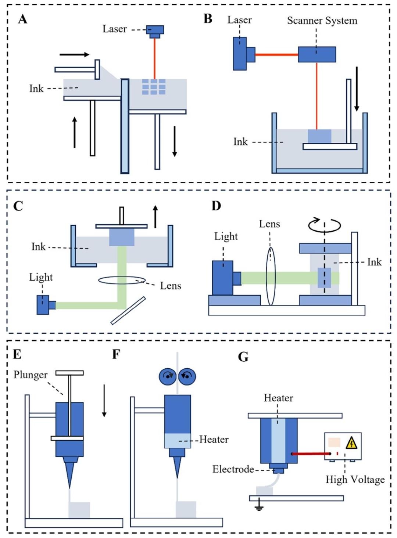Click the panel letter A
[22, 19]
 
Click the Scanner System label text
[322, 21]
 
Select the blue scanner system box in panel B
[316, 54]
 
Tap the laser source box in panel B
[240, 54]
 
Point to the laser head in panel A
[155, 30]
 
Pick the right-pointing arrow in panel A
[74, 55]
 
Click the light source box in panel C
[43, 305]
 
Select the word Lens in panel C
[171, 286]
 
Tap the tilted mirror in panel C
[128, 311]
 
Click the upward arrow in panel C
[155, 216]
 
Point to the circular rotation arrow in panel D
[324, 225]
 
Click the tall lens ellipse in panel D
[271, 276]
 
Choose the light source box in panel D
[223, 277]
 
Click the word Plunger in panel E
[31, 375]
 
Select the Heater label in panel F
[214, 440]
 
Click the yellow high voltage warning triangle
[352, 443]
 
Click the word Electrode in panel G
[233, 469]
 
